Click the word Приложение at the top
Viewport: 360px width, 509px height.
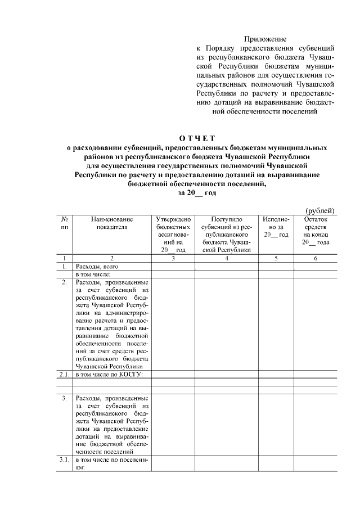265,39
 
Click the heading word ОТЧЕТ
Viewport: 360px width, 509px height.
197,138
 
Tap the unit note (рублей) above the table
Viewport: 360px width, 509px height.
320,210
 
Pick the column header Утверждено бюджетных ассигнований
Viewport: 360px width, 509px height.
173,233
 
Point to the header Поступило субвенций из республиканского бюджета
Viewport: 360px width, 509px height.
227,233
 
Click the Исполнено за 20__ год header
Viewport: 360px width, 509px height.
276,226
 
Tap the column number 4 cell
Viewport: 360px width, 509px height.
227,258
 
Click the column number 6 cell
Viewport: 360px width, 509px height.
316,258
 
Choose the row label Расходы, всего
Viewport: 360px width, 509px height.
97,266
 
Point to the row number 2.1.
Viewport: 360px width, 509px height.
65,373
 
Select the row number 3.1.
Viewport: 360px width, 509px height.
65,460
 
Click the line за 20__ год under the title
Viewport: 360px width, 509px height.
197,192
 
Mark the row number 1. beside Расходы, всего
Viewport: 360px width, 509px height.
65,266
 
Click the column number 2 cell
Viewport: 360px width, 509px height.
112,258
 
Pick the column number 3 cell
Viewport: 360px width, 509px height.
173,258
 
